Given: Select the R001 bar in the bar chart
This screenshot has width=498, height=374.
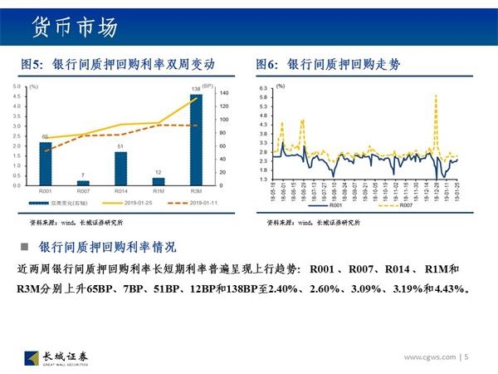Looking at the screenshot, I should (45, 163).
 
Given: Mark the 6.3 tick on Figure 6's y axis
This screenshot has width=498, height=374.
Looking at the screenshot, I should (263, 88).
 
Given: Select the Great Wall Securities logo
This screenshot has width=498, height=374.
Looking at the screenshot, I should (57, 357).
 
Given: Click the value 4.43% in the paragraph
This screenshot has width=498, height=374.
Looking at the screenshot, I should (449, 290).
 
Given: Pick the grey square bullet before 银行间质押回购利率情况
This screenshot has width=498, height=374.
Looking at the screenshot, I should (25, 247).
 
